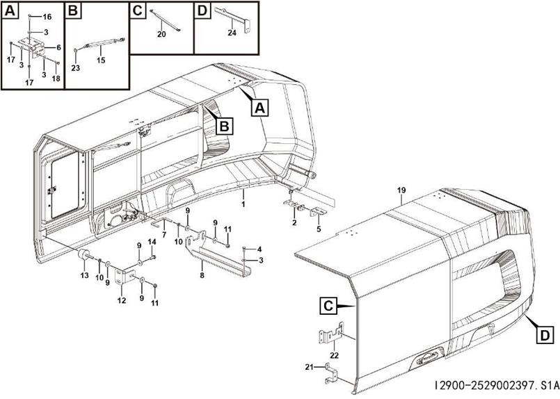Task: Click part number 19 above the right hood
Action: tap(401, 190)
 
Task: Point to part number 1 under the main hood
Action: tap(243, 204)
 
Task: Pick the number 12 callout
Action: tap(122, 300)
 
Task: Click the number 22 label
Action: tap(335, 355)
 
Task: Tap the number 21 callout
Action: tap(310, 366)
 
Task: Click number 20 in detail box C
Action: tap(161, 33)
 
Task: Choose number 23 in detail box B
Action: tap(76, 67)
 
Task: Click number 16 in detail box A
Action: tap(47, 16)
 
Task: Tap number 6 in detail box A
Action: tap(58, 47)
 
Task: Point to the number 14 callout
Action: tap(152, 241)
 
